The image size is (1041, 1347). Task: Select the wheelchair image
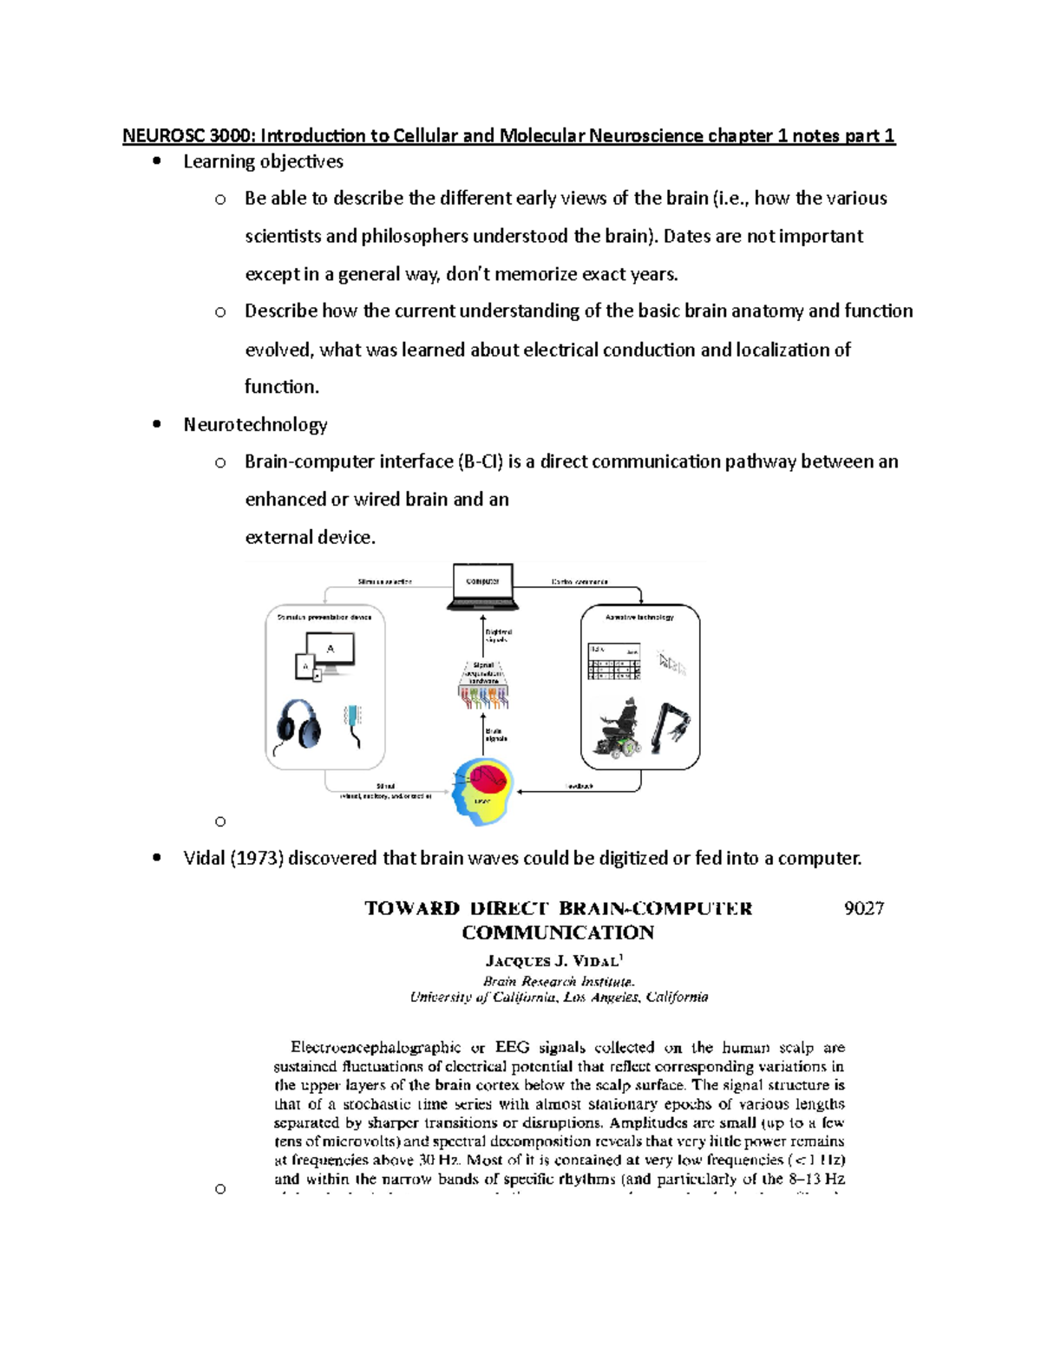618,729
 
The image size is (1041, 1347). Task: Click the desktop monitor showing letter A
330,652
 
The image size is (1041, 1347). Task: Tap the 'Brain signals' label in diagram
495,735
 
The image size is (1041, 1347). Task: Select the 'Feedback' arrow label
579,787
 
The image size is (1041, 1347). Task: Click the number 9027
863,908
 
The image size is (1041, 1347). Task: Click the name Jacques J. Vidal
553,961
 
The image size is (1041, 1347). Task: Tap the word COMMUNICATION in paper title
558,933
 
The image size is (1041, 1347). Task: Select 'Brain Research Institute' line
559,981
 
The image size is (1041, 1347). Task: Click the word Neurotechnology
255,424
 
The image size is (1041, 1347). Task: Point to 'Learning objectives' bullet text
263,161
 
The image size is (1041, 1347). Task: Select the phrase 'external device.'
310,537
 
